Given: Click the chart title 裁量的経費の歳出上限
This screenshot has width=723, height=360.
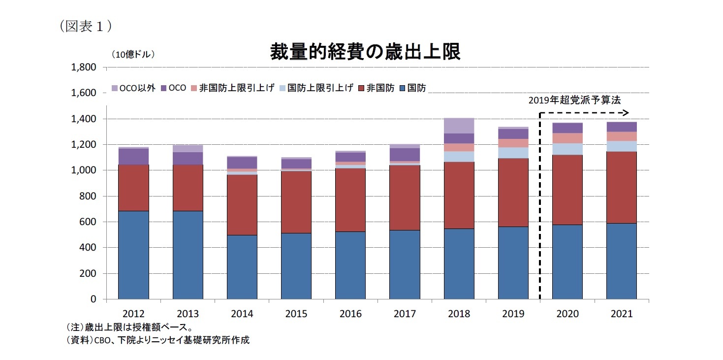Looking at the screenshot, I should coord(365,52).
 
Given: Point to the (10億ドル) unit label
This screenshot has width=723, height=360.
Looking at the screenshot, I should coord(133,55).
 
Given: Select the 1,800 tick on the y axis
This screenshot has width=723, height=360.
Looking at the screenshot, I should coord(84,67).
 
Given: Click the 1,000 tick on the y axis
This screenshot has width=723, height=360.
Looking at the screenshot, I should coord(84,170).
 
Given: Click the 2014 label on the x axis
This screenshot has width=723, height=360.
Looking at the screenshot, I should coord(242,314).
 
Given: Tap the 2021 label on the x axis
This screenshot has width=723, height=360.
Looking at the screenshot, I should coord(621,314).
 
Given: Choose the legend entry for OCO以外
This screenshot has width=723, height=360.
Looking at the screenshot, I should coord(133,88).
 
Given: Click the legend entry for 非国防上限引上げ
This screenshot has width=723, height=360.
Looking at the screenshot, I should coord(232,88).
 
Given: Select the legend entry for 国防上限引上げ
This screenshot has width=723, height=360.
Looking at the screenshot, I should coord(315,88).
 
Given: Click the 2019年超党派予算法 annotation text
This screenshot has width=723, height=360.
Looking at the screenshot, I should coord(574,100).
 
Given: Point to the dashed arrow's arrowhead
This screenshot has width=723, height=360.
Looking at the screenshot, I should coord(626,112).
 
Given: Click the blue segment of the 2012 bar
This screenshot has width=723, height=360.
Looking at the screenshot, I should coord(133,255).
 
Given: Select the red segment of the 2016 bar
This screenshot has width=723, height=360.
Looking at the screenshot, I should coord(350,200).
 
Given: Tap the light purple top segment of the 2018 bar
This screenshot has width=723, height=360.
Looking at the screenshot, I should coord(459,126).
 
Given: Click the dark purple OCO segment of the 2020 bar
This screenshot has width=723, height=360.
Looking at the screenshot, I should coord(567,128).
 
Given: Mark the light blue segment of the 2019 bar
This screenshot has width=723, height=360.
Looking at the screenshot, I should coord(513,153).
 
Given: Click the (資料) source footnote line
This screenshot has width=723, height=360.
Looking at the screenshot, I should coord(157,340).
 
